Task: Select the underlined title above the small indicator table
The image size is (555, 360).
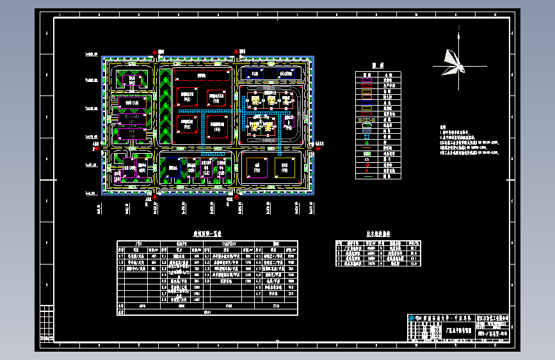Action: [378, 235]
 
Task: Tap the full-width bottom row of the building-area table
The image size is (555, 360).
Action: [207, 312]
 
